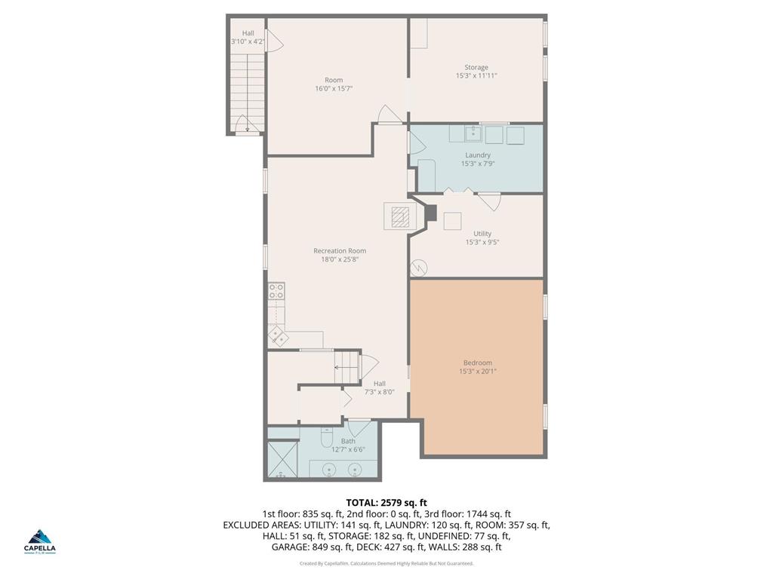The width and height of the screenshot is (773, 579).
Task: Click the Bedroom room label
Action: pyautogui.click(x=477, y=363)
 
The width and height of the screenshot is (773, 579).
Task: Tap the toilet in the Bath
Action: pyautogui.click(x=327, y=437)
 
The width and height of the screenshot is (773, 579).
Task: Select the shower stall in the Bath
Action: pyautogui.click(x=282, y=459)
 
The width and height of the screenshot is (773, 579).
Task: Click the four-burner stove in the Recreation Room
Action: pyautogui.click(x=276, y=290)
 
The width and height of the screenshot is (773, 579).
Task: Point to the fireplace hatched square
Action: pyautogui.click(x=400, y=217)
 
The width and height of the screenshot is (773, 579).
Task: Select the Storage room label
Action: pyautogui.click(x=476, y=67)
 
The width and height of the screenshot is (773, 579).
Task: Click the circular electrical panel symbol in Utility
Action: pyautogui.click(x=419, y=268)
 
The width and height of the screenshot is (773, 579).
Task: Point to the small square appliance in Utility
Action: pyautogui.click(x=452, y=221)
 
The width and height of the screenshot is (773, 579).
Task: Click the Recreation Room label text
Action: pyautogui.click(x=340, y=251)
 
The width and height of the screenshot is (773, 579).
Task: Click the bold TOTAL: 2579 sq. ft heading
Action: pyautogui.click(x=386, y=502)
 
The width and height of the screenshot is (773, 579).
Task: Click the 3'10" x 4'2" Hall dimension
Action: pyautogui.click(x=248, y=41)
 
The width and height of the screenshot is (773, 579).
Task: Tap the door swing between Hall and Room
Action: pyautogui.click(x=274, y=39)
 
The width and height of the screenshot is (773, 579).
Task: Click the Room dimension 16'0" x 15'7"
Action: pyautogui.click(x=334, y=88)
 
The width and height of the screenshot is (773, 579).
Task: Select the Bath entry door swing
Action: pyautogui.click(x=359, y=427)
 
